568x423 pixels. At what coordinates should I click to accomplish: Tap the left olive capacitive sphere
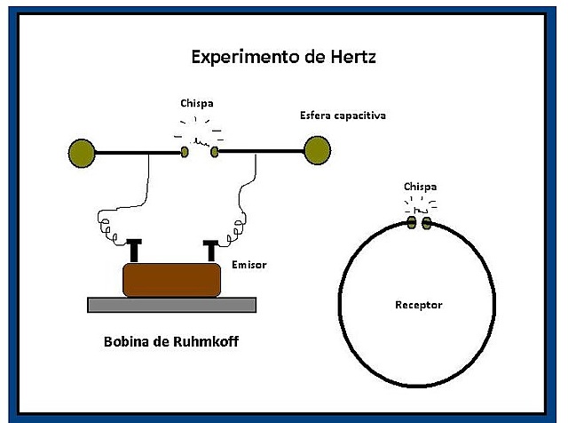click(x=81, y=153)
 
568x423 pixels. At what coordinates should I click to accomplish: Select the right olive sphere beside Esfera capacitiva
click(x=316, y=151)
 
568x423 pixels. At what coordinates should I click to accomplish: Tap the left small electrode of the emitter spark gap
click(x=185, y=152)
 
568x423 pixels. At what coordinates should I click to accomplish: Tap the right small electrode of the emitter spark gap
click(x=214, y=152)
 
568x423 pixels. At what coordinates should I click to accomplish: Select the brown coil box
click(x=171, y=279)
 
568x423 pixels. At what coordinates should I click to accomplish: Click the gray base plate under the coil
click(x=171, y=305)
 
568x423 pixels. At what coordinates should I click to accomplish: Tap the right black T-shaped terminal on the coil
click(x=211, y=250)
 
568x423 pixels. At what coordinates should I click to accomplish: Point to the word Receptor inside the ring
click(x=418, y=306)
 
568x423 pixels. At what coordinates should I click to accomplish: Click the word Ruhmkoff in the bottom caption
click(x=205, y=341)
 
